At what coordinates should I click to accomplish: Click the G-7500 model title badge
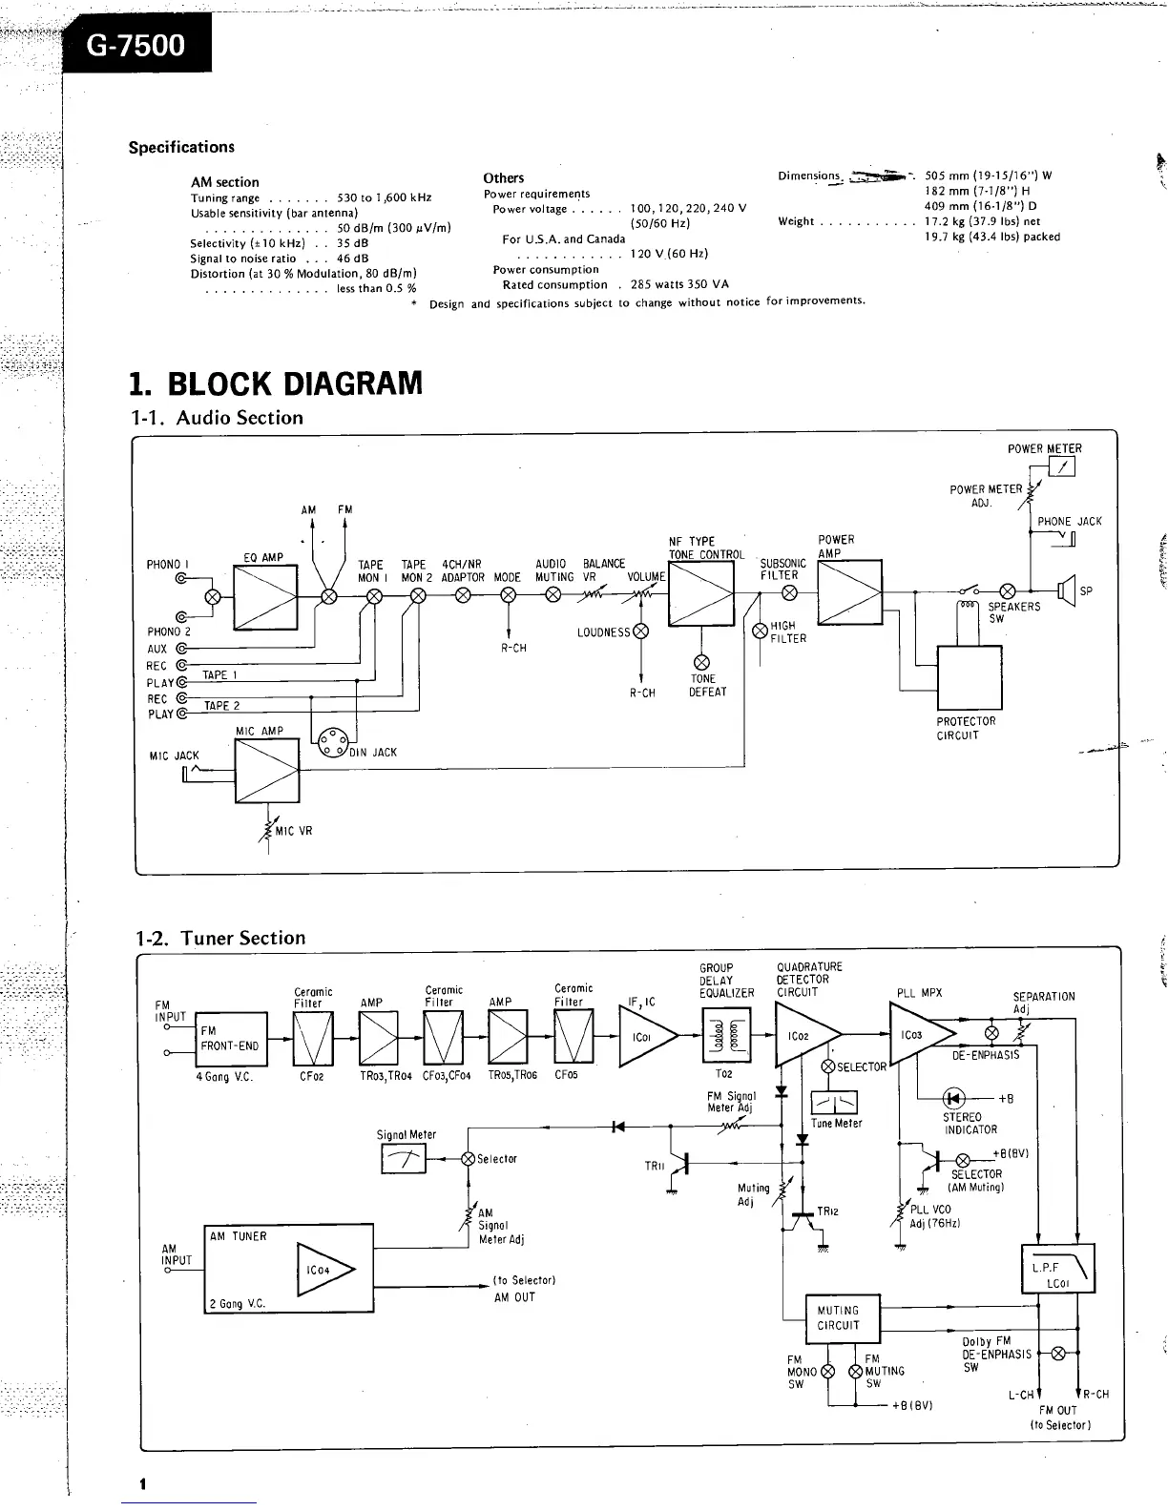[136, 46]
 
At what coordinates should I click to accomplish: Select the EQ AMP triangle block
[265, 597]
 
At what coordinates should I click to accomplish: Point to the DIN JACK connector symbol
[332, 743]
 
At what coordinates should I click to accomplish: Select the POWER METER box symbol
[1061, 466]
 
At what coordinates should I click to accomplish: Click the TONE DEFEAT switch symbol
[701, 662]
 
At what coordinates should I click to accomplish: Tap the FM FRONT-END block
[231, 1038]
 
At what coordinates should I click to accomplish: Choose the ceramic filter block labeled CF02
[313, 1038]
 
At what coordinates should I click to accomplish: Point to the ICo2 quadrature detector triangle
[806, 1036]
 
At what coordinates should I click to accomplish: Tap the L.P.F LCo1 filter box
[1057, 1269]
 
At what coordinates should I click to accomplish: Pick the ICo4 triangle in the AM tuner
[324, 1270]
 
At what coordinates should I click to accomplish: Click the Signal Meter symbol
[404, 1159]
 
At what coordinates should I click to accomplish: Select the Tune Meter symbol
[834, 1104]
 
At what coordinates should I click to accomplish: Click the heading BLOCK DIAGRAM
[276, 383]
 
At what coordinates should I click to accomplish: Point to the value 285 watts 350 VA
[679, 284]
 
